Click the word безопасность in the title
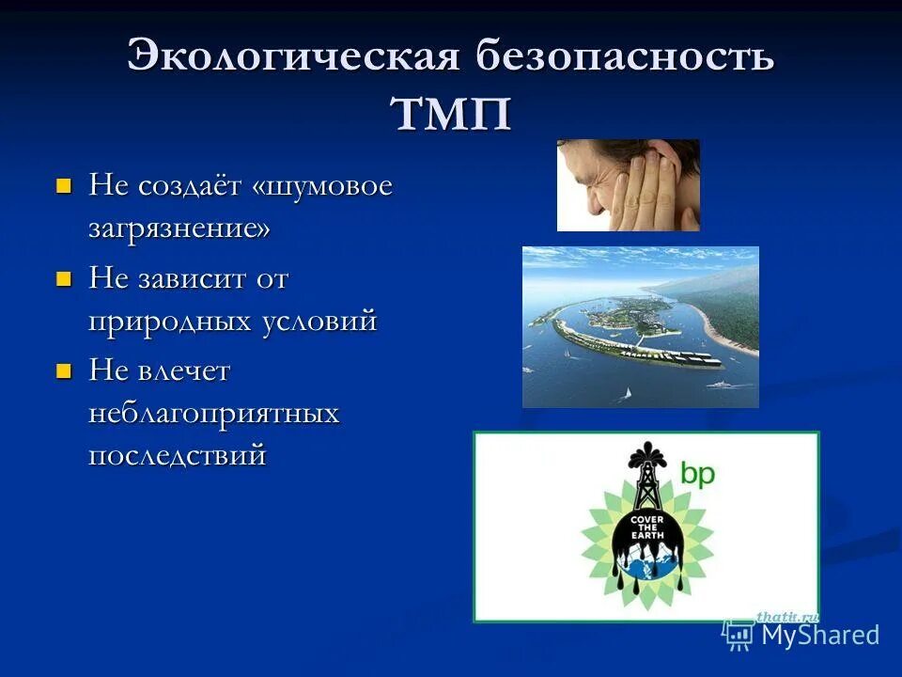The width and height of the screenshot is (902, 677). [625, 56]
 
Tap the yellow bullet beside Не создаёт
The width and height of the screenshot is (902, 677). [64, 185]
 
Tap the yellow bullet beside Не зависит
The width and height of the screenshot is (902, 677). [64, 278]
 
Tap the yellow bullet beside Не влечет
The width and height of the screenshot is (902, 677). [64, 370]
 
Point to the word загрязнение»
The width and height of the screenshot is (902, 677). [179, 228]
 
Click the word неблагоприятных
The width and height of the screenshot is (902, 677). [213, 413]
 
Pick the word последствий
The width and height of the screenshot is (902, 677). [178, 455]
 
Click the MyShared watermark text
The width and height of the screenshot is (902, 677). [819, 635]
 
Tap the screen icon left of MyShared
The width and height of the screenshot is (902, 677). [739, 635]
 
